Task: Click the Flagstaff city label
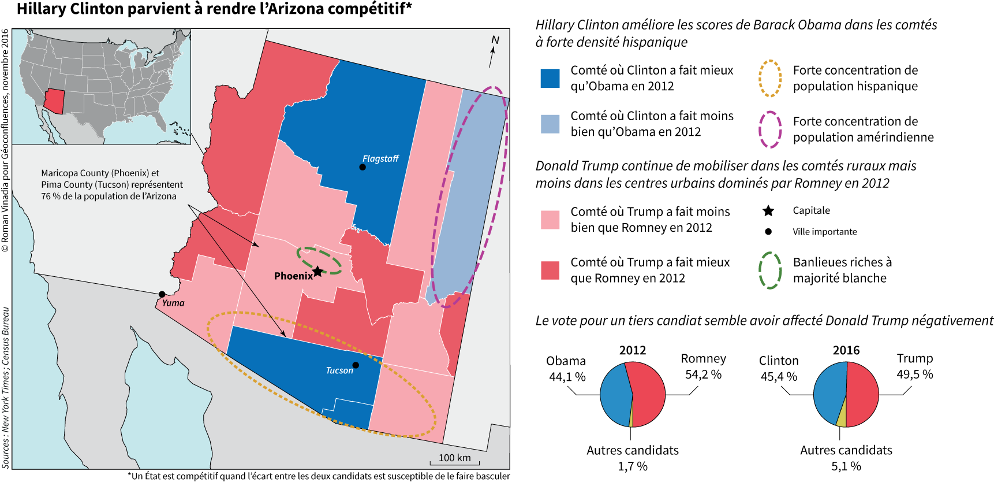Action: (380, 158)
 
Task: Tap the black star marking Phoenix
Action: (317, 272)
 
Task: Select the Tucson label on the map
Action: (339, 370)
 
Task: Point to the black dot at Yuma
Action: (162, 294)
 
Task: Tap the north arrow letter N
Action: (495, 40)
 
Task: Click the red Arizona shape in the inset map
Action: (54, 101)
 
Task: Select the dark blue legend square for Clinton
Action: (550, 78)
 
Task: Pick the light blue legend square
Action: (550, 124)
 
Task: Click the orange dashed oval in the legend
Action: (769, 78)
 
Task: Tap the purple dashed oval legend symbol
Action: (769, 129)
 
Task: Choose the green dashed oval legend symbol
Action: (769, 270)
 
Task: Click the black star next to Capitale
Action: (768, 211)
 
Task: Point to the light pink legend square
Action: (550, 220)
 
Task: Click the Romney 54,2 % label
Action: (703, 366)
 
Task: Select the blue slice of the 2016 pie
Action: (829, 393)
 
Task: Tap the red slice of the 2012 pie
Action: (648, 393)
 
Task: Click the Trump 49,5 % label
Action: (914, 366)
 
